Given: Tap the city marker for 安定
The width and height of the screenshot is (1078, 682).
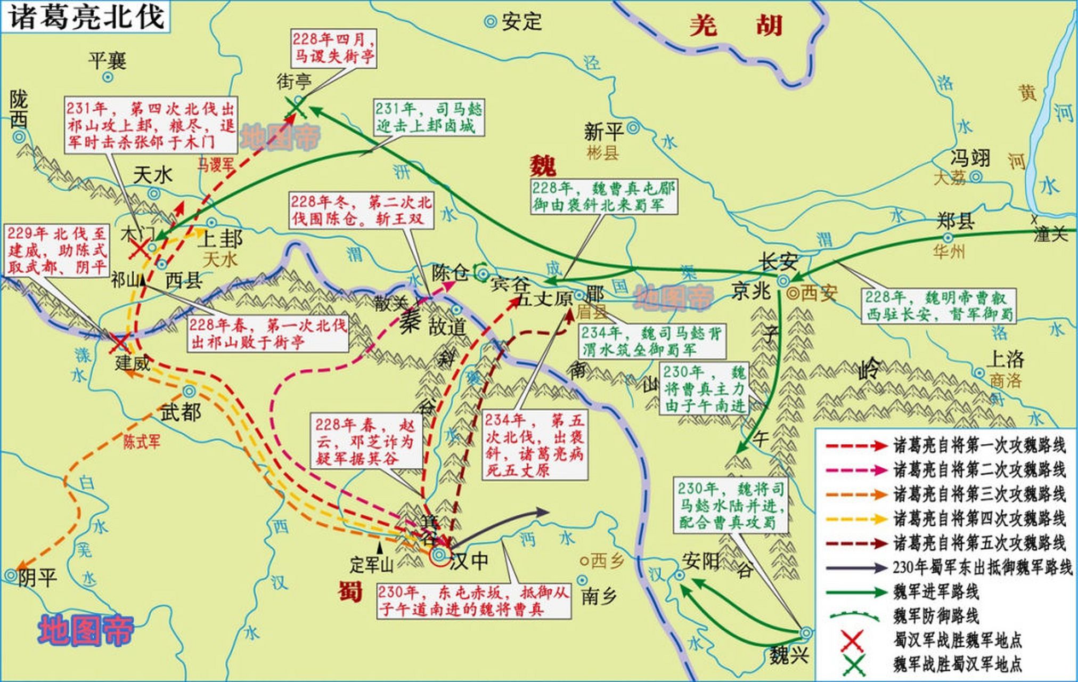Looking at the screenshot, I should [490, 22].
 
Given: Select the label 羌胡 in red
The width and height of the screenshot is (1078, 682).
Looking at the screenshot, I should [736, 25].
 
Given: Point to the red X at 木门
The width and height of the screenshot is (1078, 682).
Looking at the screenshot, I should [140, 248].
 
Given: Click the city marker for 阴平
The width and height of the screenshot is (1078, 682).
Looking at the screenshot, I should [11, 575].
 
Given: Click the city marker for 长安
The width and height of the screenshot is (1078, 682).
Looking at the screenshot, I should [782, 280].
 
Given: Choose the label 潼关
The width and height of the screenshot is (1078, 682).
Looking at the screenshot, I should [1050, 234].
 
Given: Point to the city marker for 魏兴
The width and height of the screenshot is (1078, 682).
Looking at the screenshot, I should [806, 633].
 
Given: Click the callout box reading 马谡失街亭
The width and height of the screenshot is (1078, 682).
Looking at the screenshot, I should [333, 48].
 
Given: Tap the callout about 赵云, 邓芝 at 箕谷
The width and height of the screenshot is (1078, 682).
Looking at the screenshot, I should [364, 442].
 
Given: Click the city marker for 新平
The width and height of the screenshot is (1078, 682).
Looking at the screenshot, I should [633, 127].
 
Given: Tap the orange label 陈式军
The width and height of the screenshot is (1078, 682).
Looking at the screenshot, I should [141, 442].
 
